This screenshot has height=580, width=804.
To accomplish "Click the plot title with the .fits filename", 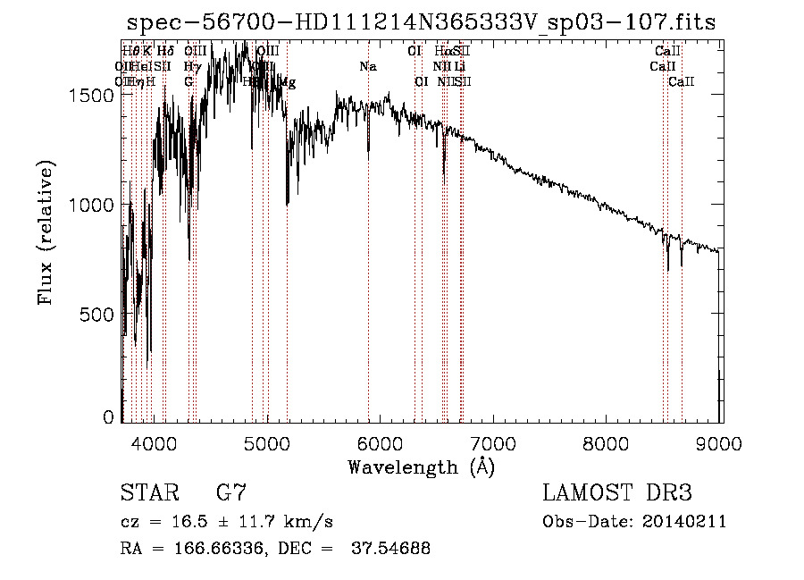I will pos(421,22).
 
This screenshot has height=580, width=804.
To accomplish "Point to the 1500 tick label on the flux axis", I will pos(92,96).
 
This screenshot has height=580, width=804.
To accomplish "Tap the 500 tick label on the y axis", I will pos(98,314).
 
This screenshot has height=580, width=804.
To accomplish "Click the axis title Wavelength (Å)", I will pos(421,467).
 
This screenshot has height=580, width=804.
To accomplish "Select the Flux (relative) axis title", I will pos(46,231).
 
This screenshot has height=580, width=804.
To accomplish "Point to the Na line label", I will pos(368,66).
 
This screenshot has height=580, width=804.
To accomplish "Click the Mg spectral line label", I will pos(288,82).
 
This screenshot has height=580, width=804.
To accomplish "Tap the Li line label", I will pos(459,66).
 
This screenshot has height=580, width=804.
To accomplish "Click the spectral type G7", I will pos(231,493).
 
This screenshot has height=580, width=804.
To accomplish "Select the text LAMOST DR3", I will pos(617,493).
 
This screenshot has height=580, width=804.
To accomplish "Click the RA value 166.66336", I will pos(208,549).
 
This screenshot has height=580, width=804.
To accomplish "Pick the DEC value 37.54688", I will pos(393,549).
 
